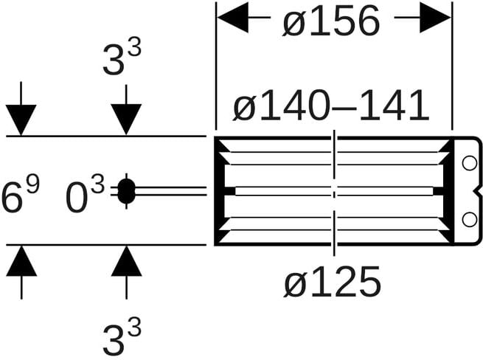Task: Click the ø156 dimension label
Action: pos(331,21)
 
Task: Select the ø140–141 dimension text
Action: pos(331,105)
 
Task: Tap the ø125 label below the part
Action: pos(332,282)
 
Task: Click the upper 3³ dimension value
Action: pos(122,58)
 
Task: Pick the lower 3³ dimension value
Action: pos(122,336)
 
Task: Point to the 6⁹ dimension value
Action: pos(21,195)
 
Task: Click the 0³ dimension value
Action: pos(86,196)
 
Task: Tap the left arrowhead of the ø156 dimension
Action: pos(232,18)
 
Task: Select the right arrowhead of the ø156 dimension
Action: pos(436,18)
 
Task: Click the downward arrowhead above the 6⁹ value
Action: pos(21,120)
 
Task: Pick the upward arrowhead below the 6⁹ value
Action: pos(21,260)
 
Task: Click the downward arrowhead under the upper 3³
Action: pos(126,120)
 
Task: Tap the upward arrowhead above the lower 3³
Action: pos(126,260)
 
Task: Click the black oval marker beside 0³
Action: pos(126,191)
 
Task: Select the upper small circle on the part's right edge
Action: pos(470,163)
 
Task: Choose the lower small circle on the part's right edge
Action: pos(470,219)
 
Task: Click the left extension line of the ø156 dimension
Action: pos(216,66)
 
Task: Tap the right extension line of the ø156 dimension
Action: pos(452,66)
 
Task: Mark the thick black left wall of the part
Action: pos(219,191)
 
